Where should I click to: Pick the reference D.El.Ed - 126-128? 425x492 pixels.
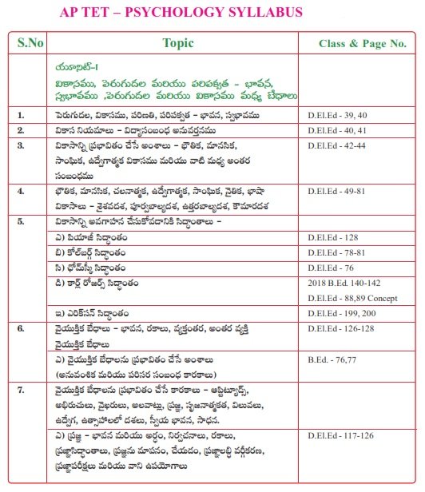(x=340, y=327)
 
